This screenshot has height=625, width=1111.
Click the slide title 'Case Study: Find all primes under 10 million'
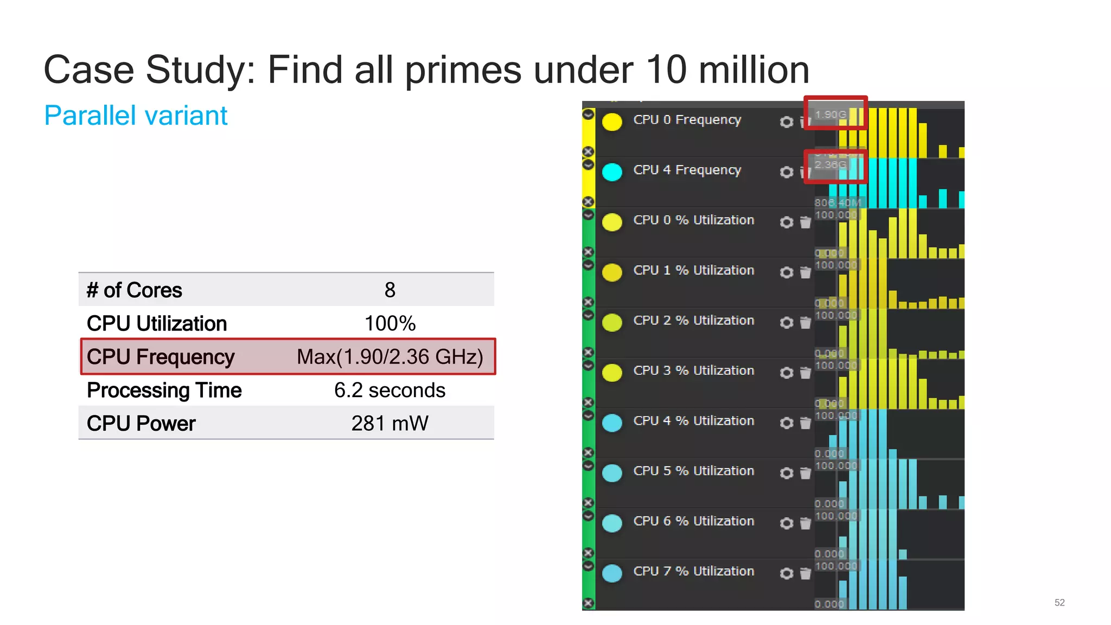tap(426, 70)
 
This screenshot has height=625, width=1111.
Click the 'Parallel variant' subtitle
tap(136, 116)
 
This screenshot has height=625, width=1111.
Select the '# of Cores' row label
tap(135, 290)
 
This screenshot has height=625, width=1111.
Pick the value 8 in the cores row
tap(390, 290)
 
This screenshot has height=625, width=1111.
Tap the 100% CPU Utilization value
tap(390, 324)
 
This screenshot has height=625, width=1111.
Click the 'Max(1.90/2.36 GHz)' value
tap(390, 357)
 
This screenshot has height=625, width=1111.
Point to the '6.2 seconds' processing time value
tap(390, 390)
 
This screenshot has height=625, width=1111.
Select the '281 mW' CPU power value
tap(390, 423)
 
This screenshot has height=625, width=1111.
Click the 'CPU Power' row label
tap(141, 423)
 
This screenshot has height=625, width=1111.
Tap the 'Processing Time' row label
tap(164, 390)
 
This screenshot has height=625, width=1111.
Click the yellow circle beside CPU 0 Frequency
tap(612, 122)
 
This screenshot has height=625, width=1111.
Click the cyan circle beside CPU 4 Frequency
tap(612, 172)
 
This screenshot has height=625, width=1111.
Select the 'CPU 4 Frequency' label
tap(687, 170)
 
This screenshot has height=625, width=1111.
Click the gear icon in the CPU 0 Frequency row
tap(786, 122)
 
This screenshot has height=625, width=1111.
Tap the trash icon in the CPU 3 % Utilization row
tap(806, 373)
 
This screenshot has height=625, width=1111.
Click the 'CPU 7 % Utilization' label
tap(693, 571)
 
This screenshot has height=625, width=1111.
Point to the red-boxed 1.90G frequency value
tap(831, 114)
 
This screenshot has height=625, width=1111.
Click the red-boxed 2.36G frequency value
tap(831, 164)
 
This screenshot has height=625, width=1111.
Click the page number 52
tap(1059, 603)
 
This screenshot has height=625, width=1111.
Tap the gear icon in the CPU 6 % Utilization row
tap(786, 523)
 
